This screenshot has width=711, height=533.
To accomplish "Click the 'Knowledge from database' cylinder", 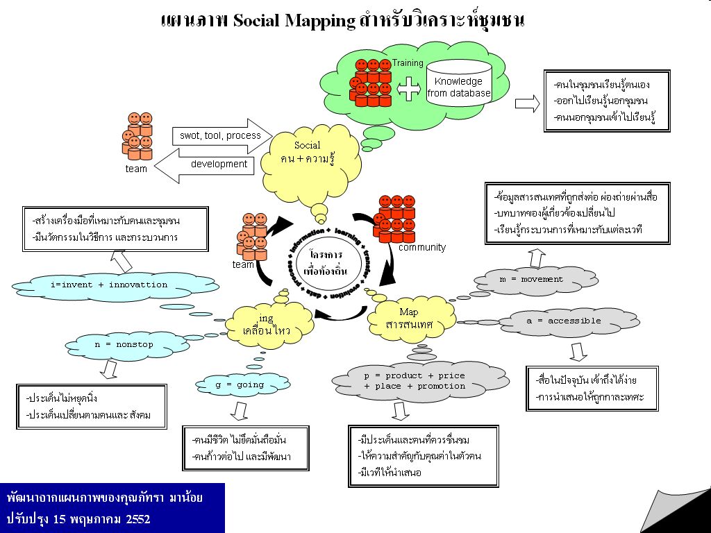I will [458, 84].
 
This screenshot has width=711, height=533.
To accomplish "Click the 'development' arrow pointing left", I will [208, 165].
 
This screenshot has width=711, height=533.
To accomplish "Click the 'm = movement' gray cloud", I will [531, 280].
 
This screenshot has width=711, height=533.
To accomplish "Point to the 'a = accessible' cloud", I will [563, 321].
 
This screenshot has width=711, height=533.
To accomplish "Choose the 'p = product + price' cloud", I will [415, 380].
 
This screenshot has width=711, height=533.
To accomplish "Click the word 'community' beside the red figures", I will [422, 247].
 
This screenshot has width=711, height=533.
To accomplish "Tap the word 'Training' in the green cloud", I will [408, 63].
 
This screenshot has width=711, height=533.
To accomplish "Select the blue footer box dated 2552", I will [112, 508].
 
